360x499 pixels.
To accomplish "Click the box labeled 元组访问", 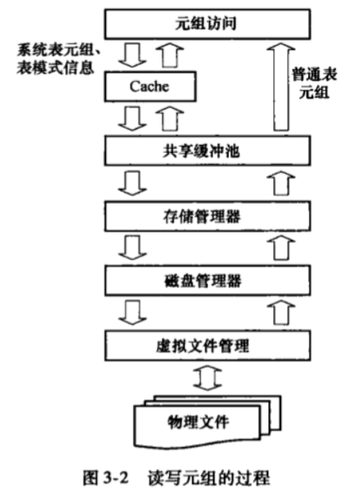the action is (207, 24).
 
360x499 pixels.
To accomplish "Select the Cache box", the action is (150, 87).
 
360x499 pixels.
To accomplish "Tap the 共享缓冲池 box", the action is (207, 151).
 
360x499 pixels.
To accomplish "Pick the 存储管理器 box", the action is (207, 216).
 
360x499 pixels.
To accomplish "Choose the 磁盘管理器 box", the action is (207, 281).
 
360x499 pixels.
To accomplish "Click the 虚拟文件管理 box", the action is (207, 345).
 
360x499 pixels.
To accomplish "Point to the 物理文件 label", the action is (198, 422).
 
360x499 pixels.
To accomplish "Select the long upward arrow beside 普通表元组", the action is (281, 87).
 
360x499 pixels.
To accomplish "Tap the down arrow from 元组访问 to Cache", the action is (132, 55).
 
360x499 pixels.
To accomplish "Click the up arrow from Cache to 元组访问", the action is (169, 55).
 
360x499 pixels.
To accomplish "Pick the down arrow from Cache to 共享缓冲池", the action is (132, 119).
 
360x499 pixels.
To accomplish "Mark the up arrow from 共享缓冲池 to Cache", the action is (169, 119).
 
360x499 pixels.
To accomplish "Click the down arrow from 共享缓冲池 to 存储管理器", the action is (132, 183).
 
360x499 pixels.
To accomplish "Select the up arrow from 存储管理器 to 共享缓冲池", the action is (281, 183).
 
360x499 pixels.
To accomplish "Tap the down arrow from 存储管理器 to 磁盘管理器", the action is (132, 248).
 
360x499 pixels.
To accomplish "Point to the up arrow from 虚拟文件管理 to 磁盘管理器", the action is (281, 313).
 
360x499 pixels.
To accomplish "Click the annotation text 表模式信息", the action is (56, 68).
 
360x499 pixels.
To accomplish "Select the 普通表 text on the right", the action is (315, 75).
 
